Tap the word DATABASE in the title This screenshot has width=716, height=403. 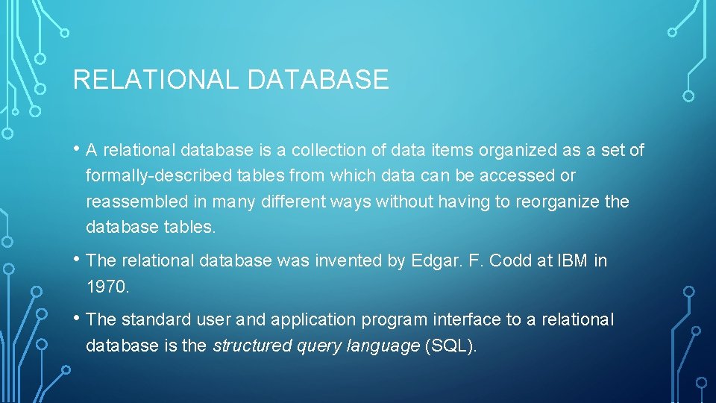pos(318,80)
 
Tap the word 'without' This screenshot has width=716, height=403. pos(405,202)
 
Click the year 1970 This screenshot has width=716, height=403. pos(107,287)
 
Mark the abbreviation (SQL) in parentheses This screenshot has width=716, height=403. pos(449,346)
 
